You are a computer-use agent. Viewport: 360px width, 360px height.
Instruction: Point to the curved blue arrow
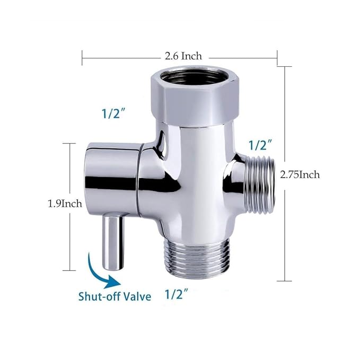101,270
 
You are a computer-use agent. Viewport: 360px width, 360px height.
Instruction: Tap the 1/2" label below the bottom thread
178,294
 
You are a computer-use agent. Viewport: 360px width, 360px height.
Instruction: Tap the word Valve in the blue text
137,296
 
